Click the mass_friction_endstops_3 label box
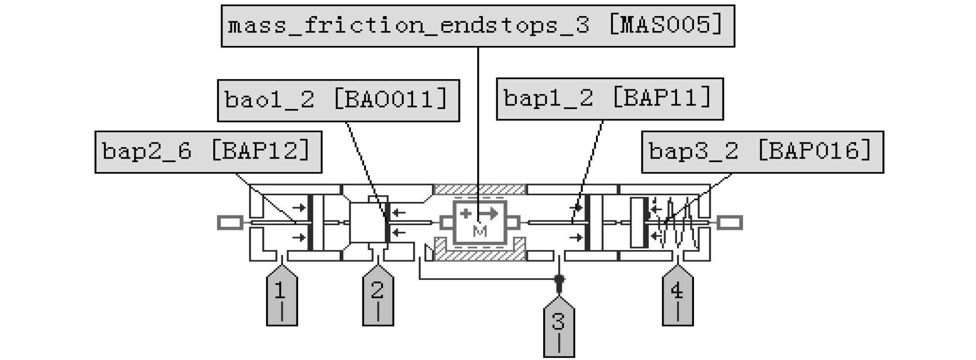pyautogui.click(x=478, y=26)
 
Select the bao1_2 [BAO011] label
pyautogui.click(x=338, y=101)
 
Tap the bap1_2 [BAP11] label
pyautogui.click(x=609, y=99)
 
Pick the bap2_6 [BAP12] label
pyautogui.click(x=208, y=152)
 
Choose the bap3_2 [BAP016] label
pyautogui.click(x=762, y=152)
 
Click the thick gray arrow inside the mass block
pyautogui.click(x=488, y=213)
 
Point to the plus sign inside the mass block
pyautogui.click(x=466, y=213)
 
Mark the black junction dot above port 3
pyautogui.click(x=559, y=279)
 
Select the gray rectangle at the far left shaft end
pyautogui.click(x=230, y=223)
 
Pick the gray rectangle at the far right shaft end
pyautogui.click(x=730, y=223)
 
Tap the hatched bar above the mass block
pyautogui.click(x=479, y=189)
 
